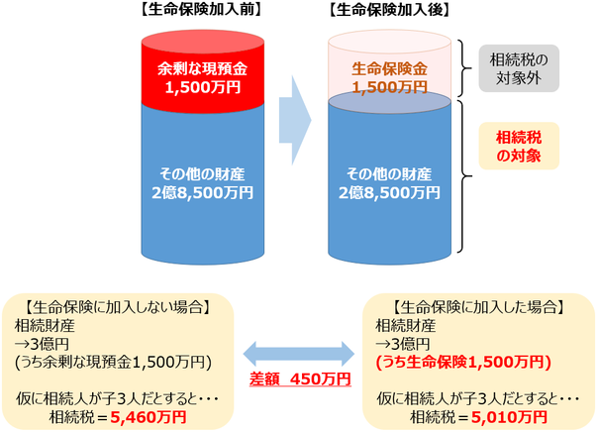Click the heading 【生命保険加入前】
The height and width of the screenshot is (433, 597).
(x=201, y=10)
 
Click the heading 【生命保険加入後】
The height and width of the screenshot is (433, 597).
(x=389, y=10)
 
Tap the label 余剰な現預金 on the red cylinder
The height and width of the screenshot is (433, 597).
(x=203, y=69)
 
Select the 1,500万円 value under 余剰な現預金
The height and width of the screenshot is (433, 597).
(x=203, y=87)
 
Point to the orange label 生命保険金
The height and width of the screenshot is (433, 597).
(x=389, y=69)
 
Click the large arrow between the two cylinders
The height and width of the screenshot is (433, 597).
(x=295, y=120)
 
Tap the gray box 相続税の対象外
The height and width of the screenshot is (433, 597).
(x=519, y=68)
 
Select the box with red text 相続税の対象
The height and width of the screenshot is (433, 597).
(x=519, y=146)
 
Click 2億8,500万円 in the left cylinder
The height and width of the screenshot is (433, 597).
(x=203, y=193)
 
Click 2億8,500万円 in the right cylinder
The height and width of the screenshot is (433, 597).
(x=389, y=193)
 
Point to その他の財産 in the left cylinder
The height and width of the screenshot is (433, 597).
(x=203, y=174)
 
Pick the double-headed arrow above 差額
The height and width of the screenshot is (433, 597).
(x=299, y=354)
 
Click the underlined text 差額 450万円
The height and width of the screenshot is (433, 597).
(x=300, y=379)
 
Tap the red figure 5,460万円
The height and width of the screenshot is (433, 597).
(x=149, y=417)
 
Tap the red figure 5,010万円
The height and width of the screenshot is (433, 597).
(x=509, y=417)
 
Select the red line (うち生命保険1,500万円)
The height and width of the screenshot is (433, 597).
(x=463, y=362)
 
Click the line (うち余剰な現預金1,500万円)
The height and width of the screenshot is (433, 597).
(x=113, y=362)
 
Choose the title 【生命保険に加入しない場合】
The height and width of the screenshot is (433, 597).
(x=117, y=307)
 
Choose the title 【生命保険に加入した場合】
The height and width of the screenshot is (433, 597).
(x=478, y=307)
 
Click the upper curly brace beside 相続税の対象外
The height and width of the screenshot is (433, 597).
(x=466, y=68)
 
